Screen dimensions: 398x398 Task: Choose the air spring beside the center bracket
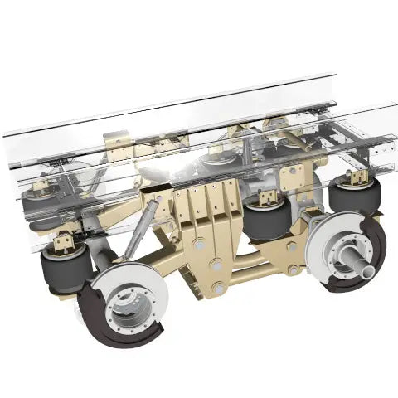pyautogui.click(x=267, y=222)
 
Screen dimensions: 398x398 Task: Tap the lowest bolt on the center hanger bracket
pyautogui.click(x=217, y=289)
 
